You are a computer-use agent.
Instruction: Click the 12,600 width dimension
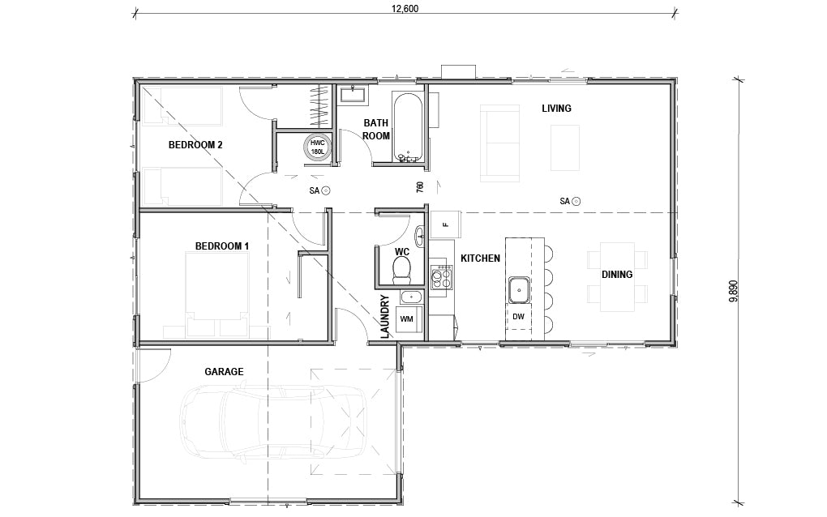[405, 9]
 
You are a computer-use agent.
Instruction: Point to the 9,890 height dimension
[734, 291]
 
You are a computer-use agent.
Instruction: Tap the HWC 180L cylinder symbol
[318, 147]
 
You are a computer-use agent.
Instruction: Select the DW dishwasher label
[518, 317]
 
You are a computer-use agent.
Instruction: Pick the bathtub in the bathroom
[407, 127]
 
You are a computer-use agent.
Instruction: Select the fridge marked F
[446, 224]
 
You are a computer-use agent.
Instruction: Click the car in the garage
[272, 421]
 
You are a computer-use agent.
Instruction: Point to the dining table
[617, 276]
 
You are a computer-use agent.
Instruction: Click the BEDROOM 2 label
[195, 144]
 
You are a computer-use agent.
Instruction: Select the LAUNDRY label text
[384, 316]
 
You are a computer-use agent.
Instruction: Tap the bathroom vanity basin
[354, 94]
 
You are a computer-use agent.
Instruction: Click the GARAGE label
[224, 372]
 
